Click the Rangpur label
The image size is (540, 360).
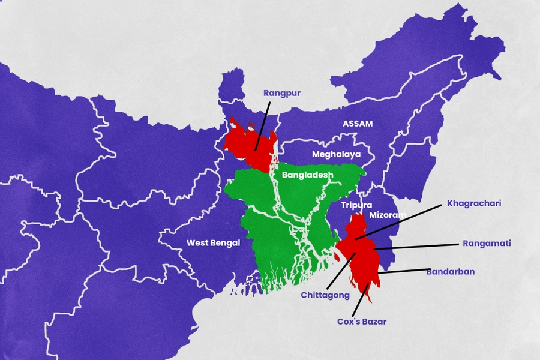[x=282, y=93]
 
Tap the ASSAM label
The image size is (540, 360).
[x=358, y=124]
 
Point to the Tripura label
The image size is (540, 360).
[x=356, y=205]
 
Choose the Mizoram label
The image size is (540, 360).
[x=388, y=214]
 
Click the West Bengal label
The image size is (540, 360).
[x=213, y=243]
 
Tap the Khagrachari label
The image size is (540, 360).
[x=474, y=203]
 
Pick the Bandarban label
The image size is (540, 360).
[x=451, y=272]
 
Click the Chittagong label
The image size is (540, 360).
[x=325, y=295]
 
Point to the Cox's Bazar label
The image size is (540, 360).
[x=361, y=322]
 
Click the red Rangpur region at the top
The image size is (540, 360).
[x=247, y=144]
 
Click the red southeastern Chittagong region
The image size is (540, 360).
[x=360, y=258]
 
